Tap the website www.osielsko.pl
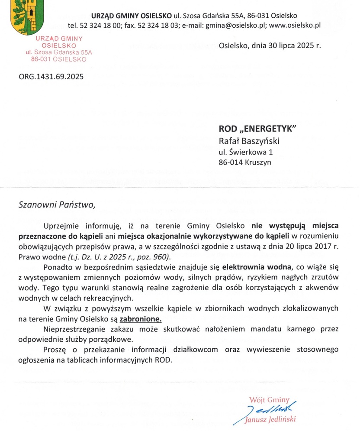point(295,25)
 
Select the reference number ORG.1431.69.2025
point(51,77)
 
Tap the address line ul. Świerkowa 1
point(245,152)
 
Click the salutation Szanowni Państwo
point(56,205)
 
